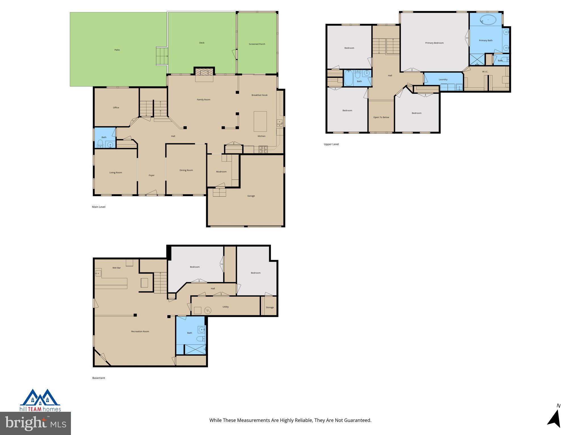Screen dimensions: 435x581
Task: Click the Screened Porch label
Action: [257, 44]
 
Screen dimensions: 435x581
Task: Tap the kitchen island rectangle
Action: [260, 121]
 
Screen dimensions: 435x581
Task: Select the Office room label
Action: [116, 108]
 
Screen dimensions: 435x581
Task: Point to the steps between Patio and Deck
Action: [162, 56]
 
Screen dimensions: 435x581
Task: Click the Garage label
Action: [251, 196]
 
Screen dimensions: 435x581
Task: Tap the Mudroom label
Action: [221, 172]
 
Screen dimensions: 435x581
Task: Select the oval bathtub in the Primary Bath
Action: [488, 20]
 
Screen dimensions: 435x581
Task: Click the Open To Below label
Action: [381, 117]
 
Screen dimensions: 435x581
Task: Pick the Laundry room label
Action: [443, 80]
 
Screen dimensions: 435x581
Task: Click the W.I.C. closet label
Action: [485, 72]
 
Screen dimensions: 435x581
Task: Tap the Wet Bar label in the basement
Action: [117, 268]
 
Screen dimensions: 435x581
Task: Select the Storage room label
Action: [270, 308]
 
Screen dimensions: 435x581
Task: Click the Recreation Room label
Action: [140, 332]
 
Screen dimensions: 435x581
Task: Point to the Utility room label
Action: [226, 307]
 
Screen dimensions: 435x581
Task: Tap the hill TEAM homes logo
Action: [40, 400]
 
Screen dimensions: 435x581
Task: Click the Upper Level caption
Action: [331, 144]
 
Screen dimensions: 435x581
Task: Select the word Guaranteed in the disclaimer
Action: [357, 420]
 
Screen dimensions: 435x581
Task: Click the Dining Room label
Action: [186, 170]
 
